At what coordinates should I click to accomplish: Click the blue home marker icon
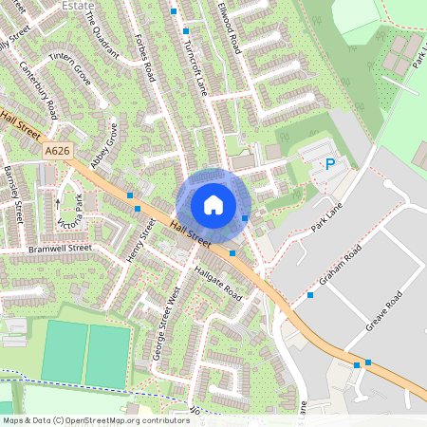point(213,205)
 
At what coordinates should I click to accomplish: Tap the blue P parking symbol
point(330,164)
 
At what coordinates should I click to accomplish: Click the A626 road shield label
point(57,150)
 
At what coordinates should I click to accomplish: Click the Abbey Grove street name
point(103,147)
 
